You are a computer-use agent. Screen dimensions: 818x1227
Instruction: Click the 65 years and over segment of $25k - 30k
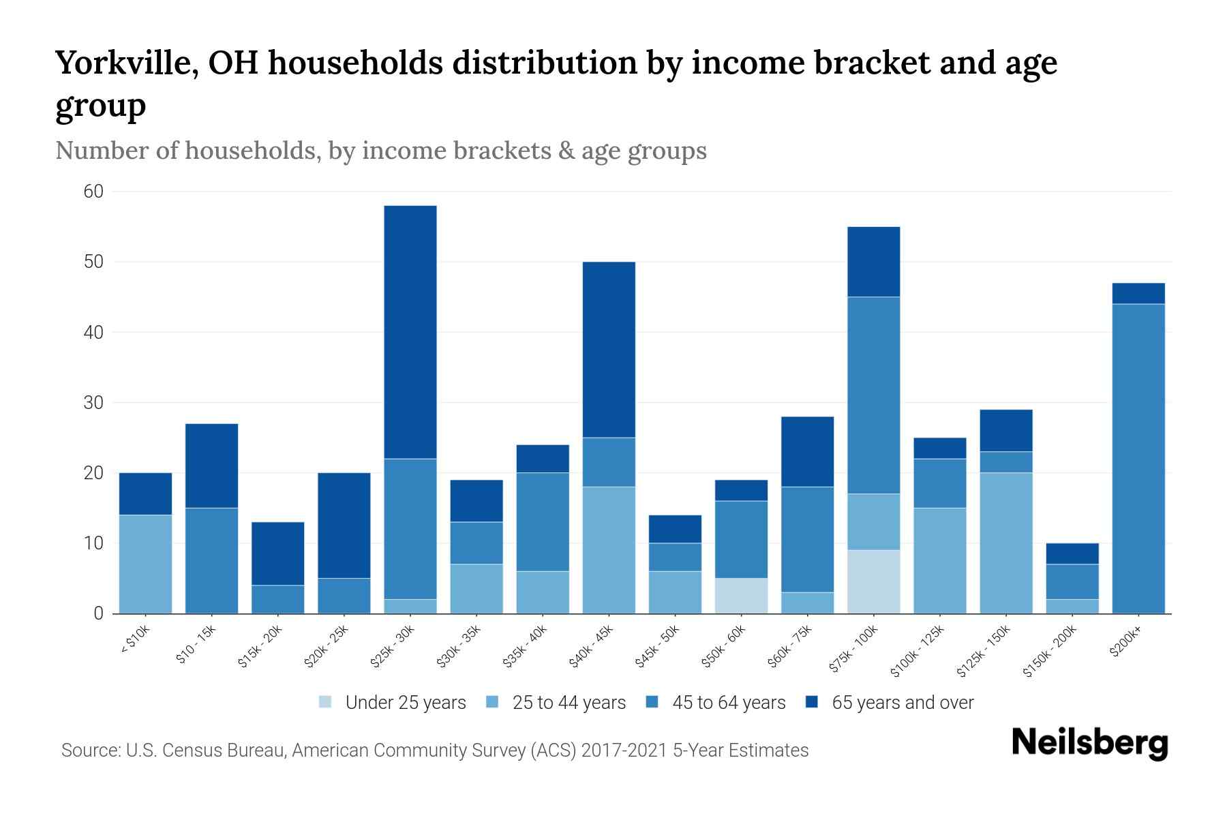pos(410,332)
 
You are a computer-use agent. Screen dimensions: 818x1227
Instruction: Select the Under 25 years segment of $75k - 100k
pos(873,581)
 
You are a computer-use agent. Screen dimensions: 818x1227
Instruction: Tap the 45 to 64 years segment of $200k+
pos(1138,458)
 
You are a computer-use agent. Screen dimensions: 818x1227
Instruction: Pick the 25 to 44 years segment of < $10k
pos(145,564)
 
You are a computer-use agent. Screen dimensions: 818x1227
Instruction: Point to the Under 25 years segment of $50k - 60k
pos(741,595)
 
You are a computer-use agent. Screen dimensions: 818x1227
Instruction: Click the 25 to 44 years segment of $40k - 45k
pos(609,549)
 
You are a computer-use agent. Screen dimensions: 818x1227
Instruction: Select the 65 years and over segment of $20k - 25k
pos(344,525)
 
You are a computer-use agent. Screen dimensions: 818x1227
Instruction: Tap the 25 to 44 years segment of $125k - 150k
pos(1005,543)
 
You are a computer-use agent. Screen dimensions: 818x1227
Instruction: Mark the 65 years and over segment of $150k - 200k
pos(1072,554)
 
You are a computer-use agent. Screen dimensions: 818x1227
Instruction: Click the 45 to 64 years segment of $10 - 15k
pos(211,560)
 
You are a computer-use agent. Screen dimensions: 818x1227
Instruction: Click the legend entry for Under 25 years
pos(406,703)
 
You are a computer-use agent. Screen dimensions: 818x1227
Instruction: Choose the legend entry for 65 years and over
pos(902,703)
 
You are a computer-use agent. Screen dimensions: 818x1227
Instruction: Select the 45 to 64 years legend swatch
pos(652,702)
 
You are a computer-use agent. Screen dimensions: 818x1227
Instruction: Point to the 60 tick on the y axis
pos(93,192)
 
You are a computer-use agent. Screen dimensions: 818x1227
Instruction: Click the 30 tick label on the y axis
pos(93,403)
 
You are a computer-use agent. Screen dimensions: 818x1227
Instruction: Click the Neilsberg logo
pos(1089,743)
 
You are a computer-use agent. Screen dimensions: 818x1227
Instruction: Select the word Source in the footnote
pos(89,751)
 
